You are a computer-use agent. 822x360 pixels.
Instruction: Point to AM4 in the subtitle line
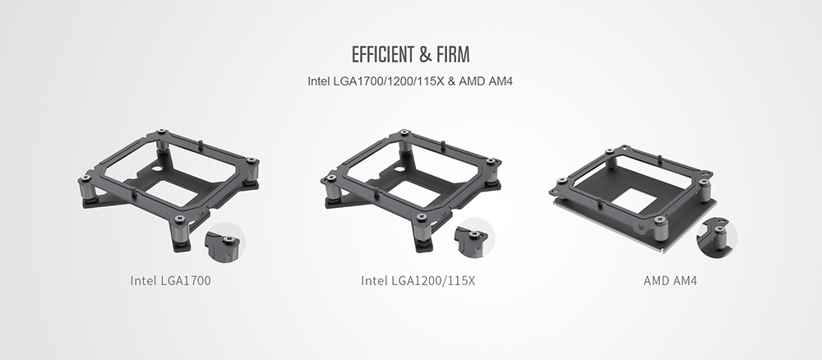coord(501,81)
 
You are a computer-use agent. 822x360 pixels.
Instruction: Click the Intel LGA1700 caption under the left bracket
coord(170,281)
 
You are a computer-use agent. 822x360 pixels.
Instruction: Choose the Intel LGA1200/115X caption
coord(418,281)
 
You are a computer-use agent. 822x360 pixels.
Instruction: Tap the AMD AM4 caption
coord(670,281)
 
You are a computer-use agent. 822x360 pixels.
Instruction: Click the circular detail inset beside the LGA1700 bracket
coord(225,242)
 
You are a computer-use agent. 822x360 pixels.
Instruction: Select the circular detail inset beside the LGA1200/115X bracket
coord(474,238)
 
